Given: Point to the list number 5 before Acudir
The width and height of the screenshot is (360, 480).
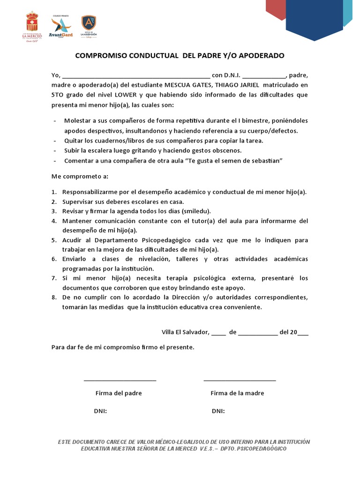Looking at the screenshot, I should click(x=54, y=240).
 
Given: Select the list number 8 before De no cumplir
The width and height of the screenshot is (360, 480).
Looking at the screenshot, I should click(x=54, y=298).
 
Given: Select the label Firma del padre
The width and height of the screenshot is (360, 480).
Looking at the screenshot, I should click(x=119, y=393).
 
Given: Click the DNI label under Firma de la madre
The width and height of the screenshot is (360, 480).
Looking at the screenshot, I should click(x=218, y=411).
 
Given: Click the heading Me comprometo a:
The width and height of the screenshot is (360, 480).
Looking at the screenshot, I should click(x=80, y=177).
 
